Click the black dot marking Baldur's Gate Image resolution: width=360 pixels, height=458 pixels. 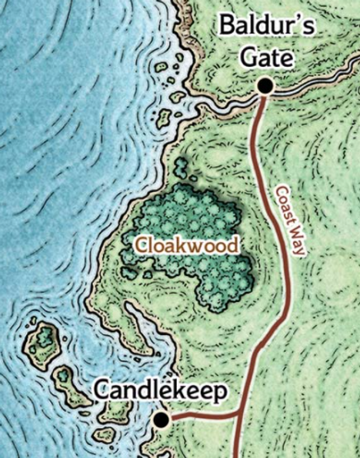[265, 87]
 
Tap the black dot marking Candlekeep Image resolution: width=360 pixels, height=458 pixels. [161, 420]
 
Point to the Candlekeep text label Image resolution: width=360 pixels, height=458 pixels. [161, 392]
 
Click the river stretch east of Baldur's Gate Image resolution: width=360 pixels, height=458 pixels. [315, 88]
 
